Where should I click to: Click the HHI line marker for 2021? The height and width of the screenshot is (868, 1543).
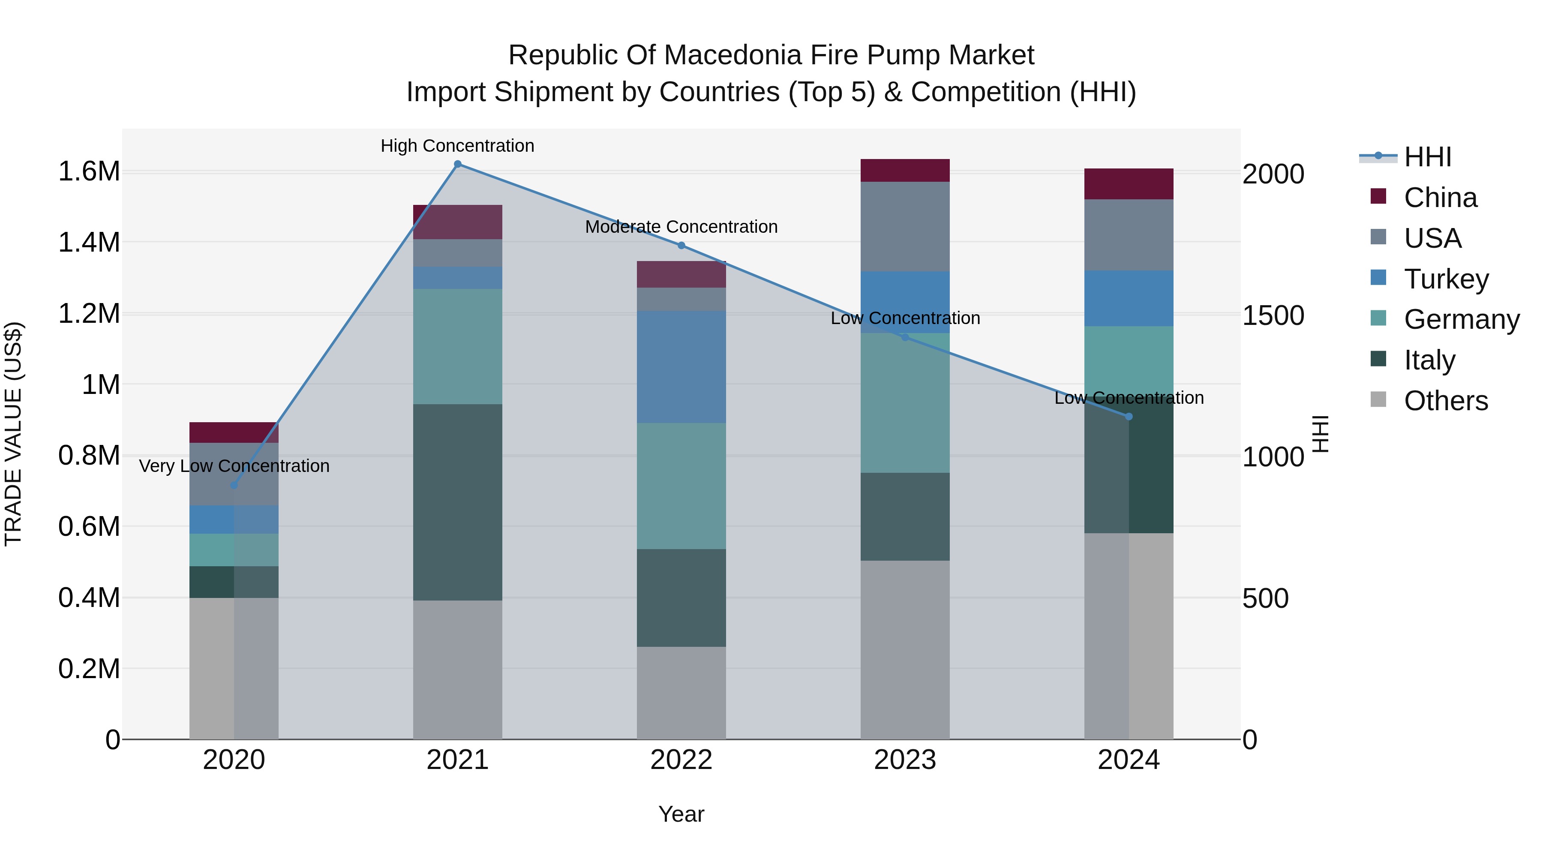[458, 164]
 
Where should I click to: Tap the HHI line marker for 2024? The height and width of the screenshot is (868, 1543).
[1129, 416]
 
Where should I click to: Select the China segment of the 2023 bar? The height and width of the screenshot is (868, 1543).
[905, 171]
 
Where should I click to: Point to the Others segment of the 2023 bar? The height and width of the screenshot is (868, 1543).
[905, 649]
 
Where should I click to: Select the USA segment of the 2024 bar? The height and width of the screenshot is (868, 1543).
[1129, 235]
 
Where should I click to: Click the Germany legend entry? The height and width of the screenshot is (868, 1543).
[1462, 319]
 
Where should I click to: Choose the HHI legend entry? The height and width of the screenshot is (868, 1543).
[1427, 157]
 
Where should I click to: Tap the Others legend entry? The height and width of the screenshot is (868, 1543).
[1445, 401]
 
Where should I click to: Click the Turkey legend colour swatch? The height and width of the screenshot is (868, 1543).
[1378, 277]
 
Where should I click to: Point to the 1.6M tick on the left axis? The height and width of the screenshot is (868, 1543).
[89, 172]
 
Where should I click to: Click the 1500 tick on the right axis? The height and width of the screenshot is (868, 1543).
[1273, 315]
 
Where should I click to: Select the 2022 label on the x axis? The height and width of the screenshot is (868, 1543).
[681, 760]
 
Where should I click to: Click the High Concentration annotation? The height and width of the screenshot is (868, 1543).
[458, 146]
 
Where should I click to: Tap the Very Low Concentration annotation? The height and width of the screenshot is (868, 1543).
[234, 466]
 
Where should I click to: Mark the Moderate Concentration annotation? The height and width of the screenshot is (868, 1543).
[681, 227]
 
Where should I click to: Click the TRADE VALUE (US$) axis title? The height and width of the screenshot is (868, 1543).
[13, 434]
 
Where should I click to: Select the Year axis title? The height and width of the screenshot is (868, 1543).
[681, 814]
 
